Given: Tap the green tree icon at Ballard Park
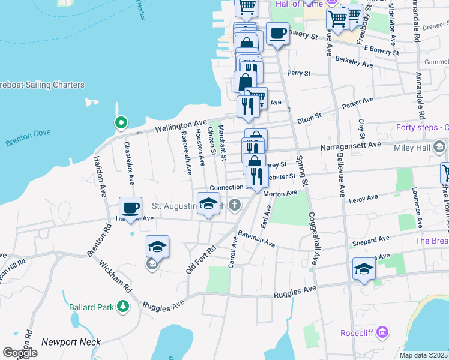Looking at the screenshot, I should coord(123,307).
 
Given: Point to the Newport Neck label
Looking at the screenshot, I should coord(65,342).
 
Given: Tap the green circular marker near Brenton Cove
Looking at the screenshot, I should coord(121,124).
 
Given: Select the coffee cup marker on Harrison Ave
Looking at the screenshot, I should coord(130,208).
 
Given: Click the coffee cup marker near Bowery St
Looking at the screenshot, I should coord(277,34).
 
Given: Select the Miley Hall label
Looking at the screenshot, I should coord(415,147).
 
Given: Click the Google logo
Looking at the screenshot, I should coord(20,353).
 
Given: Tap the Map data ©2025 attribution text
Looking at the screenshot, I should coord(424,355).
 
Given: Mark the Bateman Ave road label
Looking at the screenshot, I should coord(256,239).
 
